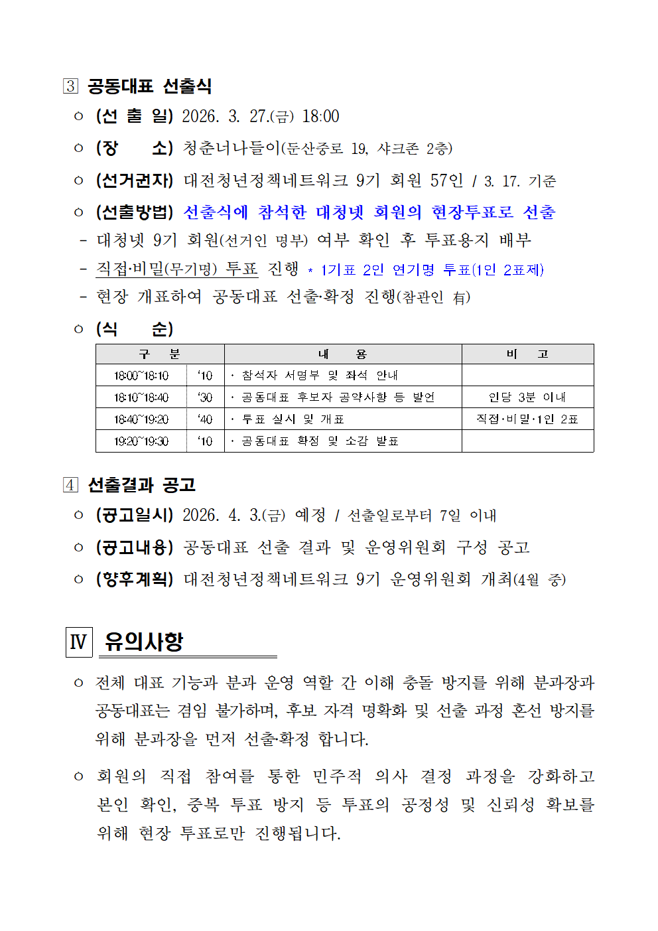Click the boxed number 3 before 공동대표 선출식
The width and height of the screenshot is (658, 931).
click(71, 86)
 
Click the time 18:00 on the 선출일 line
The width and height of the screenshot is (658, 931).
click(320, 117)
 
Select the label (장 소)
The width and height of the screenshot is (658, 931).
click(134, 148)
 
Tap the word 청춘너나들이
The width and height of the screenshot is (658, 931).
click(231, 148)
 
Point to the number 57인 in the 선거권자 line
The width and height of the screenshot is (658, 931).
click(446, 180)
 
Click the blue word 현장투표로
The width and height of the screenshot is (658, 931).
click(472, 212)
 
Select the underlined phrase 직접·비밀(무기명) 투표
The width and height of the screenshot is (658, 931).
click(176, 269)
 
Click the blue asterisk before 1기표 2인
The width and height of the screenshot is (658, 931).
click(310, 271)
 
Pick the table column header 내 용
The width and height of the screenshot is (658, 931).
click(342, 354)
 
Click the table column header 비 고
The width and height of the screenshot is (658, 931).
click(527, 354)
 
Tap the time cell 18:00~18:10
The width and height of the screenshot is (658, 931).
click(141, 376)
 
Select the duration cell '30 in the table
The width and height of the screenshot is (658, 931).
click(205, 397)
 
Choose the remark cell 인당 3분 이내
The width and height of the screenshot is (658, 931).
click(527, 397)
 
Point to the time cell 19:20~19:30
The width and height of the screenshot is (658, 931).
click(141, 441)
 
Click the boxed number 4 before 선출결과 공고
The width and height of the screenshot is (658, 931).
click(71, 485)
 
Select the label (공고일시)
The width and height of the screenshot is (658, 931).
click(134, 515)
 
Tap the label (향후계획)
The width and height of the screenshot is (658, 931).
click(134, 579)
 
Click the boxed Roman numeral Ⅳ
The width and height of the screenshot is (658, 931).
click(79, 642)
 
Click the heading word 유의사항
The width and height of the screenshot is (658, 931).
click(144, 642)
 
